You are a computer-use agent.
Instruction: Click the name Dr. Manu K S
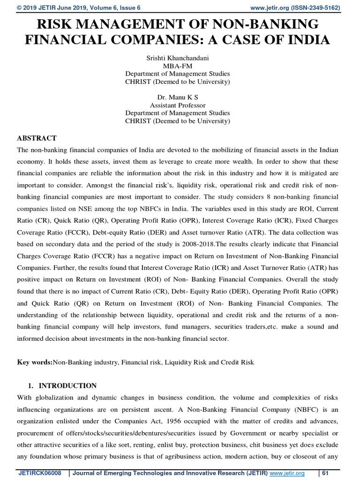pyautogui.click(x=178, y=97)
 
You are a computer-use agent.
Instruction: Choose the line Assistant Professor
pyautogui.click(x=178, y=105)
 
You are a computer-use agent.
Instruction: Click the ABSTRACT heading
pyautogui.click(x=37, y=138)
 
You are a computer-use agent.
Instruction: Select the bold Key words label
pyautogui.click(x=35, y=363)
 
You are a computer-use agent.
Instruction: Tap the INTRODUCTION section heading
pyautogui.click(x=67, y=386)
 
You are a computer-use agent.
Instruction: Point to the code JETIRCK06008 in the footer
pyautogui.click(x=39, y=473)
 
